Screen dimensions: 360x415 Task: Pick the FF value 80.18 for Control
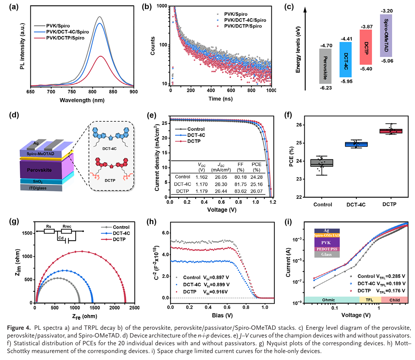pyautogui.click(x=240, y=177)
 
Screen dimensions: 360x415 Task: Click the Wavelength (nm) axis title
pyautogui.click(x=82, y=100)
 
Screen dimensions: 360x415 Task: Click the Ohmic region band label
pyautogui.click(x=331, y=299)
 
